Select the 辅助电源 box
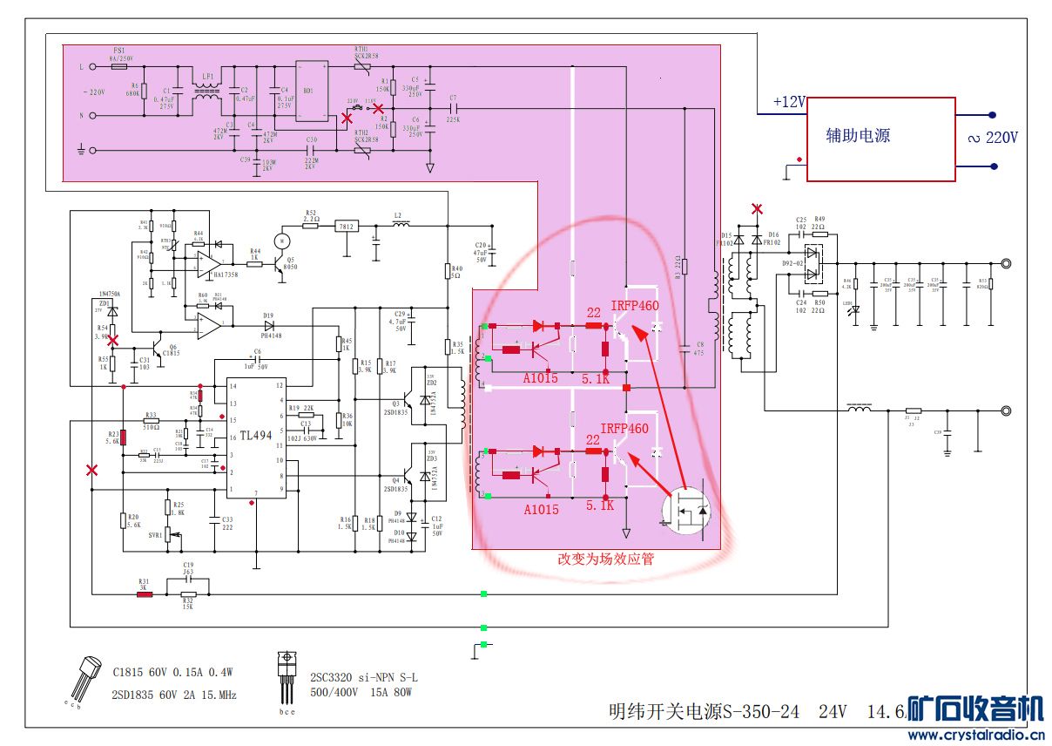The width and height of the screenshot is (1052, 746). click(x=880, y=139)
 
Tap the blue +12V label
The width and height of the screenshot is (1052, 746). click(x=789, y=103)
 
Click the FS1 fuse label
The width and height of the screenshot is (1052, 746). click(x=119, y=51)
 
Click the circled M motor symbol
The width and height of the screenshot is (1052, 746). click(x=280, y=240)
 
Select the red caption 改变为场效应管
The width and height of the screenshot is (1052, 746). click(x=605, y=559)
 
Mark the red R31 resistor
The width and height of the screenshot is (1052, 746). click(x=144, y=594)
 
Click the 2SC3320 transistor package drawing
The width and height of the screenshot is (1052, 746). click(x=286, y=677)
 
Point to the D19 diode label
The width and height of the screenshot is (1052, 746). click(x=268, y=315)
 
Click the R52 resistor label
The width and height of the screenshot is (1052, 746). click(x=311, y=213)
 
